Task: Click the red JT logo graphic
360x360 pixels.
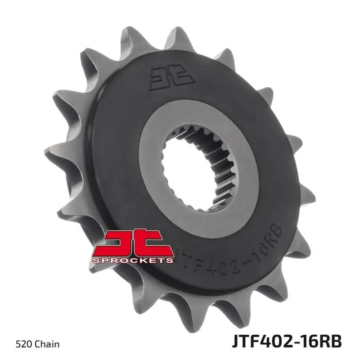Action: [133, 246]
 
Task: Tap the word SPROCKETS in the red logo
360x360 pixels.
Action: [133, 261]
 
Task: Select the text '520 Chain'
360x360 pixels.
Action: [38, 344]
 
